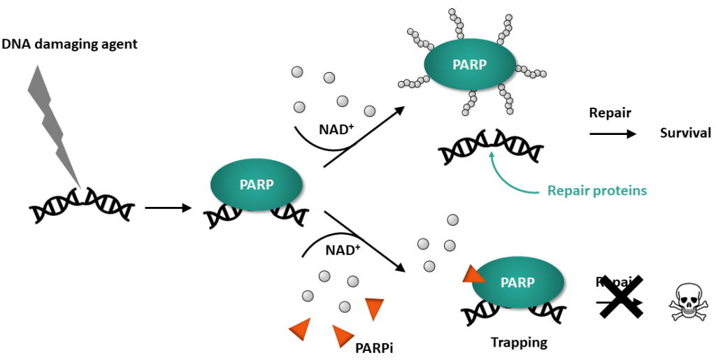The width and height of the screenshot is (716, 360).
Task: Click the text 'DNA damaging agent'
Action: tap(69, 45)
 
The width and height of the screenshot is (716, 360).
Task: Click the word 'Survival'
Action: tap(685, 133)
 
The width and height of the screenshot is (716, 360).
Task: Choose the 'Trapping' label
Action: tap(518, 343)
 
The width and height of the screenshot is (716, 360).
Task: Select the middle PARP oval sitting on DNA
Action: tap(257, 185)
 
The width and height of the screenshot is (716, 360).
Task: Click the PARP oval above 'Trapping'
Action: tap(518, 282)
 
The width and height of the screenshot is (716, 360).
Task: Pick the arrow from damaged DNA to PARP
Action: tap(167, 208)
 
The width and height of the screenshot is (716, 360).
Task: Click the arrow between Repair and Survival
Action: tap(613, 133)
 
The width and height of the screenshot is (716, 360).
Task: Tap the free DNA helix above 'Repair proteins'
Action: tap(491, 149)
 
